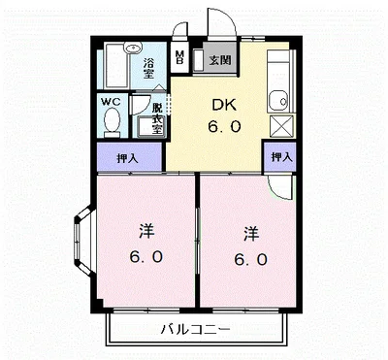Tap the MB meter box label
179,57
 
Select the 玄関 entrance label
219,60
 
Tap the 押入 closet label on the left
127,156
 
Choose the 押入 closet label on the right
281,155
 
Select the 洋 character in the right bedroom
250,233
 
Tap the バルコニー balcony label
196,328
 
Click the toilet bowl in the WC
111,122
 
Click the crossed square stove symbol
279,125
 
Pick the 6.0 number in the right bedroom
250,259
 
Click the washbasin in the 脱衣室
151,126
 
